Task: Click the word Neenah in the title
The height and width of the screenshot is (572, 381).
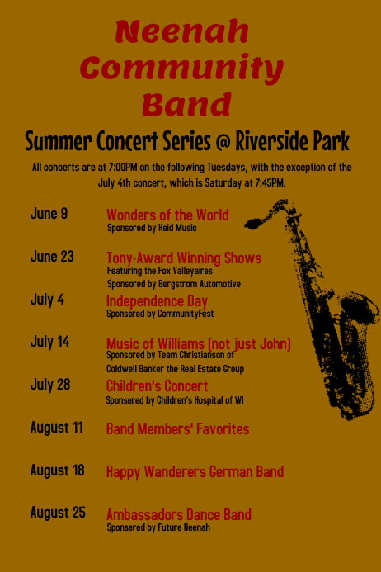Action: point(181,32)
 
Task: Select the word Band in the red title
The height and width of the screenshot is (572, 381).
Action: point(186,105)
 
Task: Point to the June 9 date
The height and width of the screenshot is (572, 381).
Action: point(49,214)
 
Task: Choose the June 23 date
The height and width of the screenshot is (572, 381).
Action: point(52,257)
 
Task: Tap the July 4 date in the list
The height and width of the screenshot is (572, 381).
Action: point(47,300)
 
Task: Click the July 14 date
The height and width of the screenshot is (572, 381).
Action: point(49,342)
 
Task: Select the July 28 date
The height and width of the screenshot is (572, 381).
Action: point(49,384)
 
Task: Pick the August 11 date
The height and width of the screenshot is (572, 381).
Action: point(56,428)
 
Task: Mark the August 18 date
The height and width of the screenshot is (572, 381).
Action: point(57,470)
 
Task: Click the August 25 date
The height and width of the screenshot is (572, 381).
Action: point(57,513)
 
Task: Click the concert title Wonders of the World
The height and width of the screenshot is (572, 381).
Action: point(167,215)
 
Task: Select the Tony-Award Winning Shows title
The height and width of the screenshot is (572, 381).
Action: point(184,258)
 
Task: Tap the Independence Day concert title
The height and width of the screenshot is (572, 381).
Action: point(157,300)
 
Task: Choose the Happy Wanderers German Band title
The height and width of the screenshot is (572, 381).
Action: point(195,472)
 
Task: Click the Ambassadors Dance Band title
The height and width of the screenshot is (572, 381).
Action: point(179,514)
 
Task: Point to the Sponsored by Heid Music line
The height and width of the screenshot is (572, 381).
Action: point(152,228)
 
